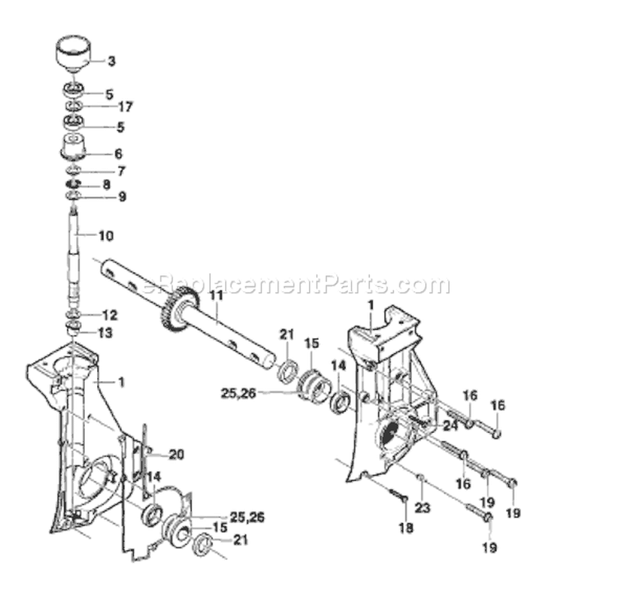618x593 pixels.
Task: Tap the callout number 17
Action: (125, 106)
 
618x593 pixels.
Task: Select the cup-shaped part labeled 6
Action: (73, 148)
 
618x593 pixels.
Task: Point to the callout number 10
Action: (105, 236)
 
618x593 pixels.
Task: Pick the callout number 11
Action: (215, 295)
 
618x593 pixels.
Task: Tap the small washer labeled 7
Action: (73, 171)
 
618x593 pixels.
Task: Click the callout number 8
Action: (106, 184)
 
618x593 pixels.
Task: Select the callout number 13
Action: (105, 332)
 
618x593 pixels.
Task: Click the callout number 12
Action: (110, 315)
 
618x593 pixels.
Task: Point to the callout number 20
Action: (176, 454)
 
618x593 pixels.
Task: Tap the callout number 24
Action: (451, 426)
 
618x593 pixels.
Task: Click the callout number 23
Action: (423, 507)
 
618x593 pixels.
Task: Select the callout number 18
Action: (406, 528)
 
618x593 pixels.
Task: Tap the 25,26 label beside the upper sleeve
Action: (238, 393)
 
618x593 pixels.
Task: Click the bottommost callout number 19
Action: (489, 548)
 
